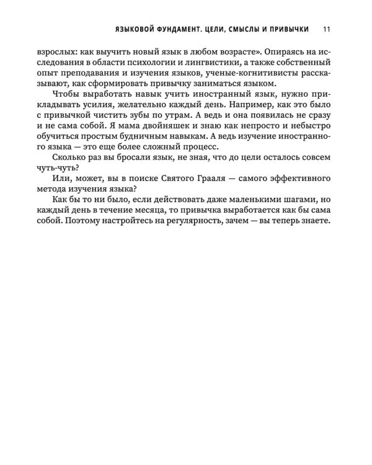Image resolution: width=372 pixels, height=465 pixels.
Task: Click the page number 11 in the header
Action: tap(327, 29)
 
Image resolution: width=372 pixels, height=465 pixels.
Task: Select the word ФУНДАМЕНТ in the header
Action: tap(186, 29)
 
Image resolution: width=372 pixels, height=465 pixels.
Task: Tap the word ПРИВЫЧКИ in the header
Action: tap(289, 29)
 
